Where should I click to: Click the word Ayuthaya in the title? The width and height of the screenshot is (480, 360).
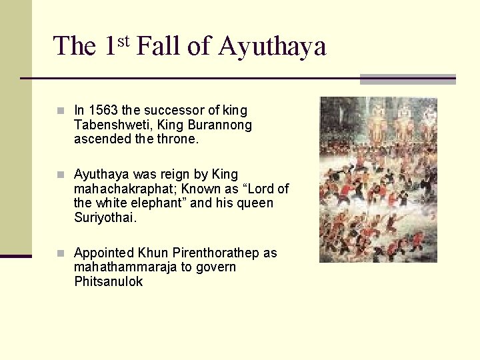pos(271,47)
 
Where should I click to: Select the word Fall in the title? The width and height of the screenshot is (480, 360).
pos(159,46)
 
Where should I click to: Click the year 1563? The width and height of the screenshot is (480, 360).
pos(103,111)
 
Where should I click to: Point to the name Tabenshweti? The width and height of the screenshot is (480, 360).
pos(107,125)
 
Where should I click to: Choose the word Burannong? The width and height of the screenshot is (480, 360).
pos(221,125)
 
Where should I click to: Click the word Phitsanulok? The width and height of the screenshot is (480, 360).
pos(108,281)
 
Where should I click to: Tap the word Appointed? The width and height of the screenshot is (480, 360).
pos(103,253)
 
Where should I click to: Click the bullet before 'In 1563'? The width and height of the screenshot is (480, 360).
pos(61,111)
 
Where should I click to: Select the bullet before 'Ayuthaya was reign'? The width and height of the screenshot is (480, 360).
pos(61,175)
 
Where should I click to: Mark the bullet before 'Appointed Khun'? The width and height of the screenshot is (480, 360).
pos(61,253)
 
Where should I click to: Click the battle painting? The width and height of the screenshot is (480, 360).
pos(378,179)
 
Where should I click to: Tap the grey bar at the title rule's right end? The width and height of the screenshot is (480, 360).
pos(407,79)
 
